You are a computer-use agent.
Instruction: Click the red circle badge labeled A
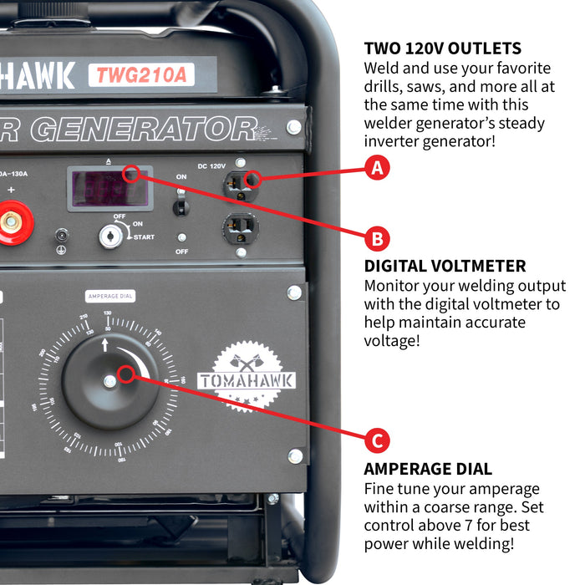click(x=378, y=168)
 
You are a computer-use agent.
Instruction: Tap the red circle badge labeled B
click(x=378, y=238)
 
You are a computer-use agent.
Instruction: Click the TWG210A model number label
click(x=140, y=74)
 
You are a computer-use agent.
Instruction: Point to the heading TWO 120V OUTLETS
click(x=443, y=48)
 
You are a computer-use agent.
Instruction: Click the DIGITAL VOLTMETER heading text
click(x=445, y=267)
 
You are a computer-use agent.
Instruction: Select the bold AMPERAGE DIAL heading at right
click(x=428, y=469)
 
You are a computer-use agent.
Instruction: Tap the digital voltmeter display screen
click(x=109, y=188)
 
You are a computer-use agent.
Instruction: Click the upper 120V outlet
click(x=240, y=181)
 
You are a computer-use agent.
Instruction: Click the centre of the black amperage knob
click(x=109, y=381)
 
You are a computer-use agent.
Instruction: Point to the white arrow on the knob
click(x=105, y=343)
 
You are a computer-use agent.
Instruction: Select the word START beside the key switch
click(x=142, y=237)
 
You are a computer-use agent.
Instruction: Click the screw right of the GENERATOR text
click(x=293, y=126)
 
